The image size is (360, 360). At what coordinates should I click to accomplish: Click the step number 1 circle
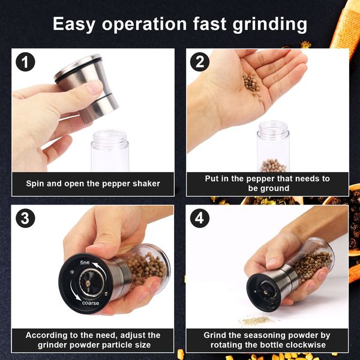point(25,62)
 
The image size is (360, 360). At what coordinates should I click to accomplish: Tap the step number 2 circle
point(200,62)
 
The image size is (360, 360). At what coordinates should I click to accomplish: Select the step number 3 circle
point(25,218)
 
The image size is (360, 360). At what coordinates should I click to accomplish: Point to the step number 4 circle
point(200,218)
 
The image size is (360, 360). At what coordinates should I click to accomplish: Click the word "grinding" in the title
point(270,25)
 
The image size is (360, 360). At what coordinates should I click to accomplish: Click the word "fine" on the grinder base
point(85,262)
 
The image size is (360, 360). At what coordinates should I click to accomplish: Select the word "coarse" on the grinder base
point(91,303)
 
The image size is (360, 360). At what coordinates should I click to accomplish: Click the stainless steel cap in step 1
point(87,88)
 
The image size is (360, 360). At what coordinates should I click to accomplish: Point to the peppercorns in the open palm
point(251,84)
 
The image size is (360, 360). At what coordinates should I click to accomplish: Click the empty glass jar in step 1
point(110,151)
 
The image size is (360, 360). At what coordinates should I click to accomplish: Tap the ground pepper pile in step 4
point(257,320)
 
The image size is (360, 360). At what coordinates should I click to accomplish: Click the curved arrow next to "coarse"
point(74,293)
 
